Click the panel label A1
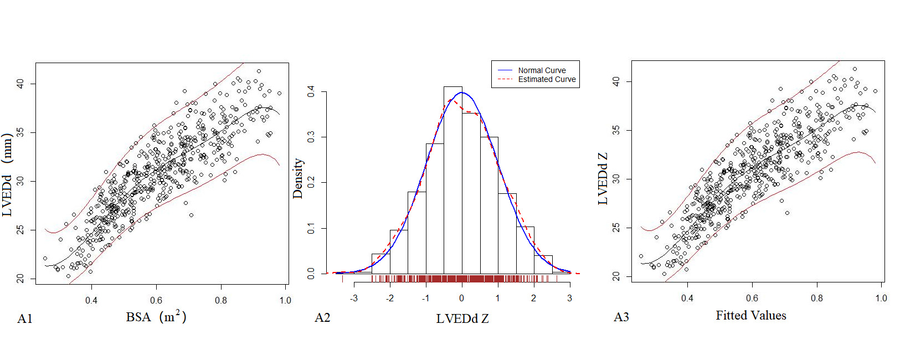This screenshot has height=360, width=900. click(25, 318)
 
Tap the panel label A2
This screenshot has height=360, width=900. click(322, 317)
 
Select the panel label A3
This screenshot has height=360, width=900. click(621, 317)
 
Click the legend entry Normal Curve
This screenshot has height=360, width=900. click(542, 70)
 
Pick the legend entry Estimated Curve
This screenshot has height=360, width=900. click(547, 79)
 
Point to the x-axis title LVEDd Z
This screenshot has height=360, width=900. click(462, 318)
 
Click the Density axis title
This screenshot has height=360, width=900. click(298, 178)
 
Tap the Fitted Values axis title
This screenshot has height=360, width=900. click(750, 316)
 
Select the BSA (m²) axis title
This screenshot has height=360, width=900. click(156, 317)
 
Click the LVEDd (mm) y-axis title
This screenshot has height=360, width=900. click(7, 174)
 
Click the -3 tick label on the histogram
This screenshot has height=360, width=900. click(354, 298)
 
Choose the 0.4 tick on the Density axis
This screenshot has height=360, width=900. click(311, 91)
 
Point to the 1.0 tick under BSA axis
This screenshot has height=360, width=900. click(285, 300)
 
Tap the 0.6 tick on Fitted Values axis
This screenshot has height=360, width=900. click(752, 298)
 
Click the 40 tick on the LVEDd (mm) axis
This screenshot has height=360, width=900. click(20, 84)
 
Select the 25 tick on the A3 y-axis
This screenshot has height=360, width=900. click(616, 228)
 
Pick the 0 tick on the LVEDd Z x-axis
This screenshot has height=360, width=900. click(462, 298)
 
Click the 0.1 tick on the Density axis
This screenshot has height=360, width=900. click(311, 228)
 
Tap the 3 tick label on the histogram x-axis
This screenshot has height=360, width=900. click(569, 298)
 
